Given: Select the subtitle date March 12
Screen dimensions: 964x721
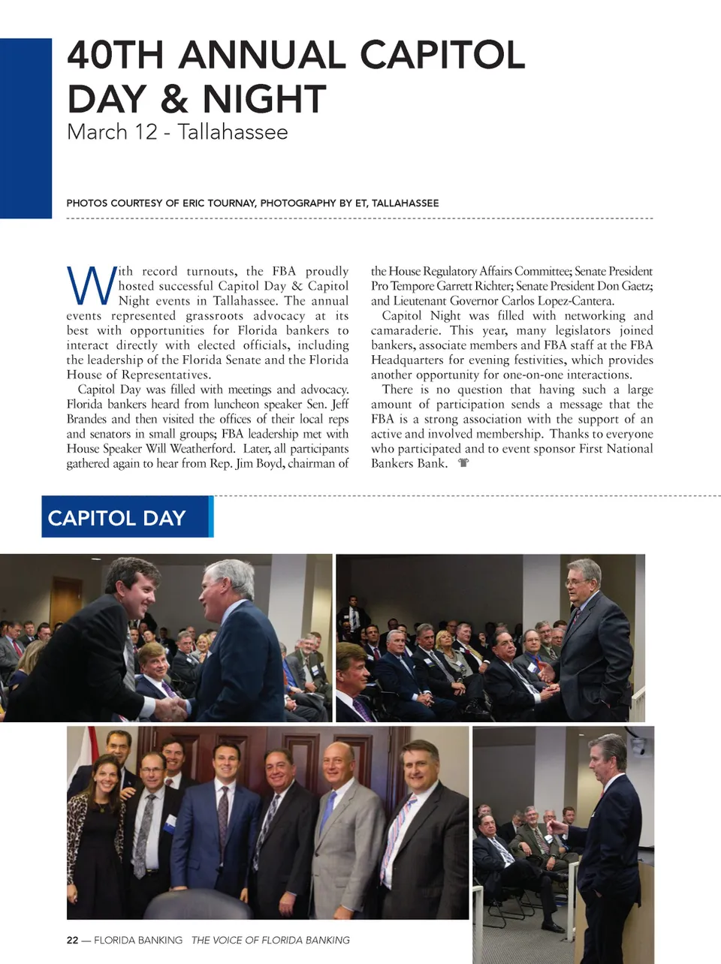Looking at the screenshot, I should coord(112,132).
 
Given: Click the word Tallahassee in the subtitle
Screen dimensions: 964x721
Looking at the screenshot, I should coord(233,132).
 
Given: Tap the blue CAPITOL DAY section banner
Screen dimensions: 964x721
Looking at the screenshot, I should coord(126,517).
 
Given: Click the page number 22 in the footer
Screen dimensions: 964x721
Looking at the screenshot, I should coord(72,940).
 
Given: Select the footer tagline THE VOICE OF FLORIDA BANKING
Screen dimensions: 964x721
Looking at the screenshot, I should coord(270,940).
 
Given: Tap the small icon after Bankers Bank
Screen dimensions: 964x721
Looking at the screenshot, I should coord(463,463).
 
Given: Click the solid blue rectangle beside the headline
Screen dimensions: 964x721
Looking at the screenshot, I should coord(26,128).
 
